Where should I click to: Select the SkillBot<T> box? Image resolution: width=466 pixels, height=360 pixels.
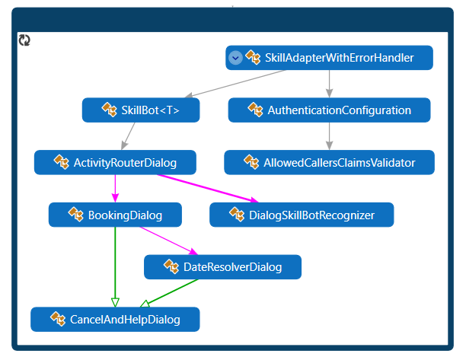[x=141, y=110]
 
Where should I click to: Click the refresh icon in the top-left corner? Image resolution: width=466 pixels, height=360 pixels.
[x=24, y=40]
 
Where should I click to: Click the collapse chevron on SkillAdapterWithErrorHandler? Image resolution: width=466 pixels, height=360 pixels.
[x=235, y=58]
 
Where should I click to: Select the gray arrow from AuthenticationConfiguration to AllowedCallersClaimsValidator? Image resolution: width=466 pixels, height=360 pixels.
[x=329, y=135]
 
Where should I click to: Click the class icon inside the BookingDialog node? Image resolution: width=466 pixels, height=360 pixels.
[x=76, y=215]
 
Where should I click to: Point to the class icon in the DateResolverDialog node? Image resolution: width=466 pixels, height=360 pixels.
[x=171, y=266]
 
